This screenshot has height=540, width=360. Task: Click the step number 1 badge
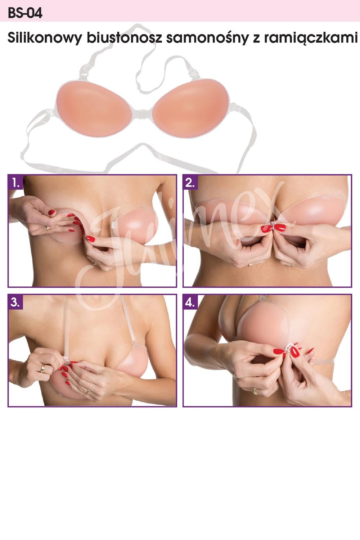click(16, 183)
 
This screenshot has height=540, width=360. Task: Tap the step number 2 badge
click(190, 183)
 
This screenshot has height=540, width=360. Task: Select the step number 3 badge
click(16, 302)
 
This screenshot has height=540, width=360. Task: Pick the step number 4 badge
click(190, 302)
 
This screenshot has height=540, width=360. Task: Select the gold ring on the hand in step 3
click(43, 368)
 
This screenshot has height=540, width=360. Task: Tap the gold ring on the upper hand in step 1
click(48, 228)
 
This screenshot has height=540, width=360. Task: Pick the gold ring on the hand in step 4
click(255, 391)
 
